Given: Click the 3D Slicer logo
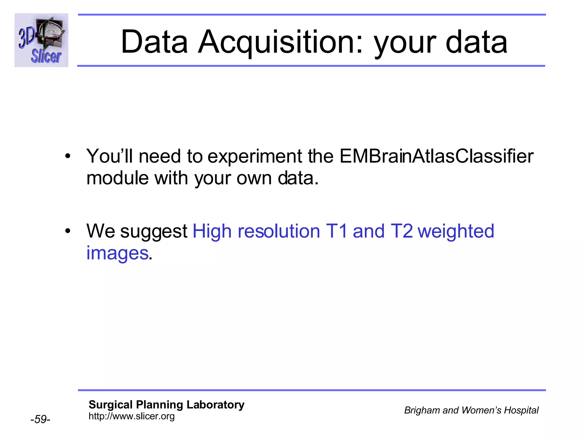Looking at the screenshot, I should pyautogui.click(x=41, y=40).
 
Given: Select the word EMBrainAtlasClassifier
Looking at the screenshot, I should pyautogui.click(x=436, y=156).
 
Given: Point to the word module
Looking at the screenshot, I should pyautogui.click(x=117, y=178).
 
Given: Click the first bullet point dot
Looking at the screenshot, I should pyautogui.click(x=67, y=156).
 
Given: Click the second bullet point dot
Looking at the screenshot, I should pyautogui.click(x=67, y=231).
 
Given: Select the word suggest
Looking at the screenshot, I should pyautogui.click(x=154, y=232).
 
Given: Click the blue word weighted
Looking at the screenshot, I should pyautogui.click(x=456, y=232).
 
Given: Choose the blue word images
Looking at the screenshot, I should pyautogui.click(x=117, y=253).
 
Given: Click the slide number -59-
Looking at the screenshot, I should pyautogui.click(x=40, y=419).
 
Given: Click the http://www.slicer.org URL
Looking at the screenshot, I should pyautogui.click(x=131, y=416).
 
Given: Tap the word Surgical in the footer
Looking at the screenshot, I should pyautogui.click(x=111, y=405).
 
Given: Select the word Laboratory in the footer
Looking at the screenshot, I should pyautogui.click(x=215, y=405).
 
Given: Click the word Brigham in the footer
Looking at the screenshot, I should pyautogui.click(x=422, y=410).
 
